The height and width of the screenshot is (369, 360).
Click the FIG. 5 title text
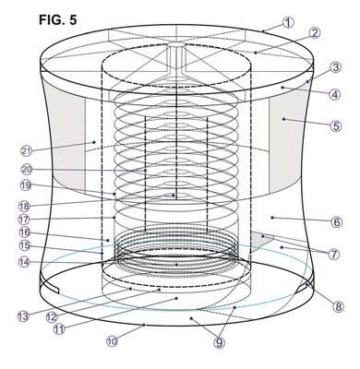(x=58, y=20)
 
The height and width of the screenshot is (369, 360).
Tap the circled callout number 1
(x=288, y=22)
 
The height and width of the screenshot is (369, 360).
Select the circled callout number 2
(x=315, y=33)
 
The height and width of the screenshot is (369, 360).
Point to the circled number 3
(x=336, y=67)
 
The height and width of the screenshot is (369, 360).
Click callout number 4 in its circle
(x=335, y=94)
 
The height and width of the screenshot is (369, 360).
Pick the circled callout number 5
(x=336, y=126)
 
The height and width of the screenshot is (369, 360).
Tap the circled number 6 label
(x=337, y=221)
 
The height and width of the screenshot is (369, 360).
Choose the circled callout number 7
(x=334, y=254)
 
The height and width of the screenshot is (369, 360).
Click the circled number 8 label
(x=338, y=306)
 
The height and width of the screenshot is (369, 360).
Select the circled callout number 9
(x=219, y=342)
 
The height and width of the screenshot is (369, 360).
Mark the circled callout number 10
(x=113, y=341)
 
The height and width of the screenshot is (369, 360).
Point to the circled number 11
(x=59, y=329)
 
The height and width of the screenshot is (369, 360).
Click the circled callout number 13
(x=23, y=316)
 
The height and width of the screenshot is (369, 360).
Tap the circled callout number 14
(x=25, y=262)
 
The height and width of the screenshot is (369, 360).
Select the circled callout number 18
(x=25, y=205)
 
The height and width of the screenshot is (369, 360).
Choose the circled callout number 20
(x=27, y=170)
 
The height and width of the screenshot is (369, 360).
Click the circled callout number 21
(x=27, y=151)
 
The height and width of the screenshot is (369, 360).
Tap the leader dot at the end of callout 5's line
(x=283, y=119)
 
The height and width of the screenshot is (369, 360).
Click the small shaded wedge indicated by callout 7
(x=261, y=240)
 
